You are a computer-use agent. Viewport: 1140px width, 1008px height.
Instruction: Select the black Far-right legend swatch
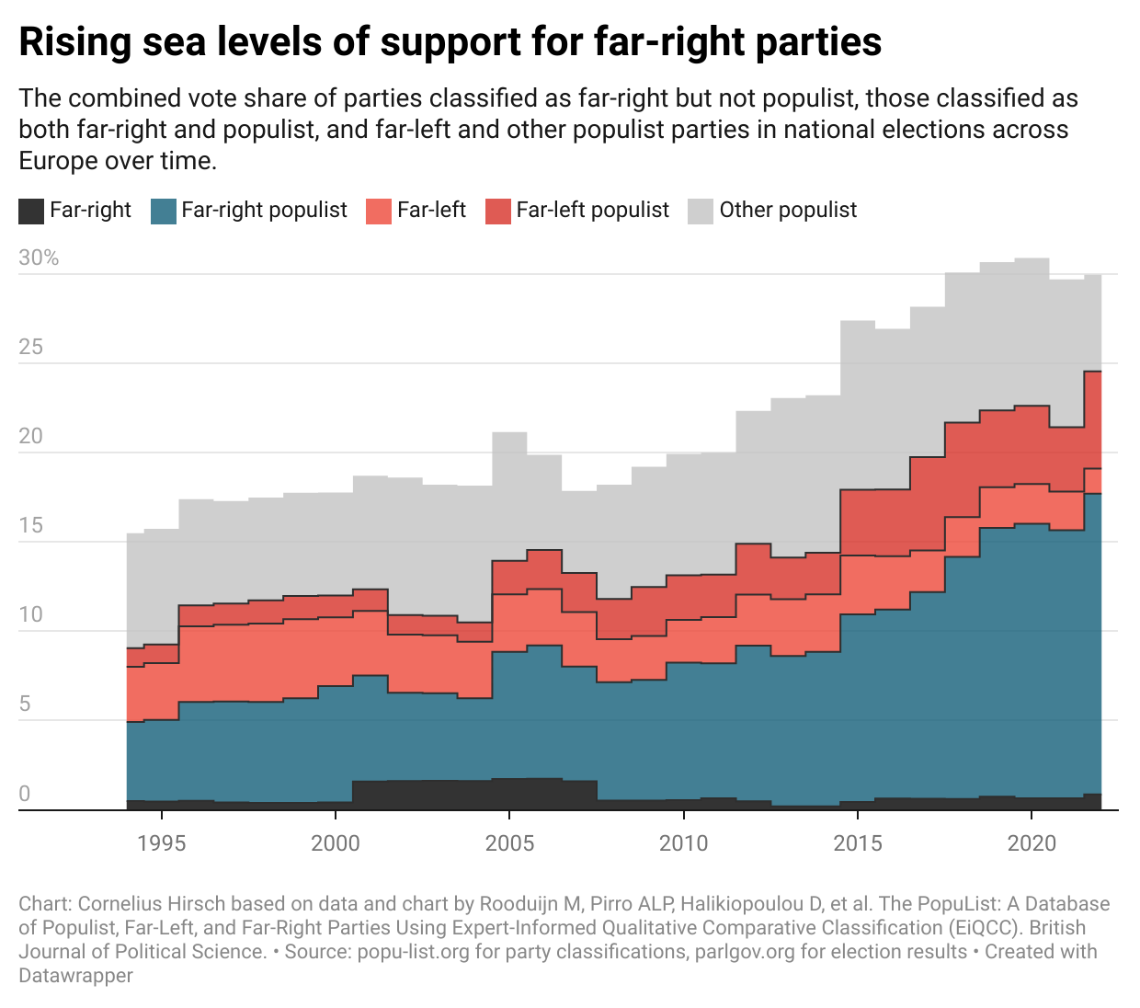31,212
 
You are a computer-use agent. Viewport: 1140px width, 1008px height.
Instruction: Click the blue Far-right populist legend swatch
163,212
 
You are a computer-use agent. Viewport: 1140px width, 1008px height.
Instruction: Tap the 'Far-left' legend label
431,211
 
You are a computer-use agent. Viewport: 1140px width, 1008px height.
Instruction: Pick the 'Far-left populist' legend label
592,211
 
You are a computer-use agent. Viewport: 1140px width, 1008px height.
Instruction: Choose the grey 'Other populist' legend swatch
701,212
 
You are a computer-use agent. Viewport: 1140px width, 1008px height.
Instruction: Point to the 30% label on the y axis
39,258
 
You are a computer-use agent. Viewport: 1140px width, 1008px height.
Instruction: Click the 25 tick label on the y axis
31,348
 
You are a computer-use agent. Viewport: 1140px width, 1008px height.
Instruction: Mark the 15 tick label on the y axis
31,526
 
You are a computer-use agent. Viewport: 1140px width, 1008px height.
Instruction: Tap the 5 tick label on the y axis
25,704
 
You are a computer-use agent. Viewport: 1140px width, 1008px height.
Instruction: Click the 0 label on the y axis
25,794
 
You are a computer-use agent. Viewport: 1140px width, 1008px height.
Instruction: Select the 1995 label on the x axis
162,843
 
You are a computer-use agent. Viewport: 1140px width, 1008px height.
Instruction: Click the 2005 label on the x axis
509,843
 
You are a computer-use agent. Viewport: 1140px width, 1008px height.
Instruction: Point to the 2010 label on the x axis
683,843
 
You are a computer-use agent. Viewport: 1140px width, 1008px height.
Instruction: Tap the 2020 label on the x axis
1032,843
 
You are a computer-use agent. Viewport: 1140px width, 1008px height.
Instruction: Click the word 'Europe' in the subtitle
55,161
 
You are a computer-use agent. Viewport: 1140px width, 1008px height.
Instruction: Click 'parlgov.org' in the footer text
741,952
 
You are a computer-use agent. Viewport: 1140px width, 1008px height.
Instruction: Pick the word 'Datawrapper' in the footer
75,976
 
